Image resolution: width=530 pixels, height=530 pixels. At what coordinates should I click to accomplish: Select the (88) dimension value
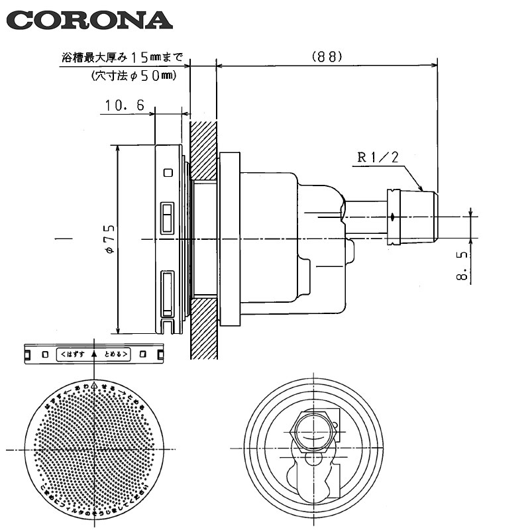point(327,57)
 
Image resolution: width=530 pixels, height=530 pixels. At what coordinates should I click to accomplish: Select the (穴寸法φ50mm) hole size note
point(132,76)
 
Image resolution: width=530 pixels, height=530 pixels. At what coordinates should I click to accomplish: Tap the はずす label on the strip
point(75,354)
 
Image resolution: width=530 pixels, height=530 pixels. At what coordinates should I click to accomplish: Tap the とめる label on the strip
point(116,354)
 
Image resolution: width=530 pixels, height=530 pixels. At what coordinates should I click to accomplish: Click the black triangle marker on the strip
point(95,354)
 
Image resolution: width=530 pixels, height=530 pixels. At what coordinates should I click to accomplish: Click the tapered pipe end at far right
point(430,217)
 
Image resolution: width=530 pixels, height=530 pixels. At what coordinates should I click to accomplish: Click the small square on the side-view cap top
point(168,173)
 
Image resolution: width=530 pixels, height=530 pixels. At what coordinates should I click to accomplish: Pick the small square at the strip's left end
point(44,354)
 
